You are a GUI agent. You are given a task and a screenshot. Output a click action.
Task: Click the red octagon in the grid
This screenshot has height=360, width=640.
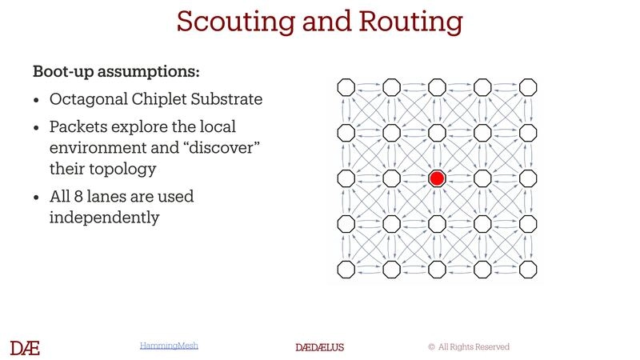tap(436, 178)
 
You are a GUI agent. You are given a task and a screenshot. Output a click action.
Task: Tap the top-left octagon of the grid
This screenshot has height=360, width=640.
tap(346, 86)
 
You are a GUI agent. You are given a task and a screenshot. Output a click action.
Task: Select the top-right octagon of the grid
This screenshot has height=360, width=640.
tap(528, 86)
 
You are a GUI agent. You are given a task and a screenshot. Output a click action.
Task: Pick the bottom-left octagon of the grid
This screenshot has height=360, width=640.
tap(346, 269)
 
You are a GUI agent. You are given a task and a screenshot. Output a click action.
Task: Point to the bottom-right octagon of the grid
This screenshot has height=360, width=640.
tap(528, 269)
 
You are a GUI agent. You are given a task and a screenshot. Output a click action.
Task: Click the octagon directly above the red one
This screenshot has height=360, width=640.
tap(436, 132)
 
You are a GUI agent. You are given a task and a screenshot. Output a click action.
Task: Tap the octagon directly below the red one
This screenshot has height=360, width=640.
tap(436, 223)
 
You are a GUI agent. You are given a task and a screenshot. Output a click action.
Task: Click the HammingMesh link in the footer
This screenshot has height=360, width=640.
tap(169, 346)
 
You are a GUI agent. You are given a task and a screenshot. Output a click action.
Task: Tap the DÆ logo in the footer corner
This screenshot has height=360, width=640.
tap(25, 347)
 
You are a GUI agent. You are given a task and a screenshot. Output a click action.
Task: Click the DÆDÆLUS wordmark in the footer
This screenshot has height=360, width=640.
tap(320, 347)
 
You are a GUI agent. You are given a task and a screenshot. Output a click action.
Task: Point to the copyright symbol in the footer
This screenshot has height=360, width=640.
tap(431, 347)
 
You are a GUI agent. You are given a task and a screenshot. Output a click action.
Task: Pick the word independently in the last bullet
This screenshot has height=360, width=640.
tap(104, 216)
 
